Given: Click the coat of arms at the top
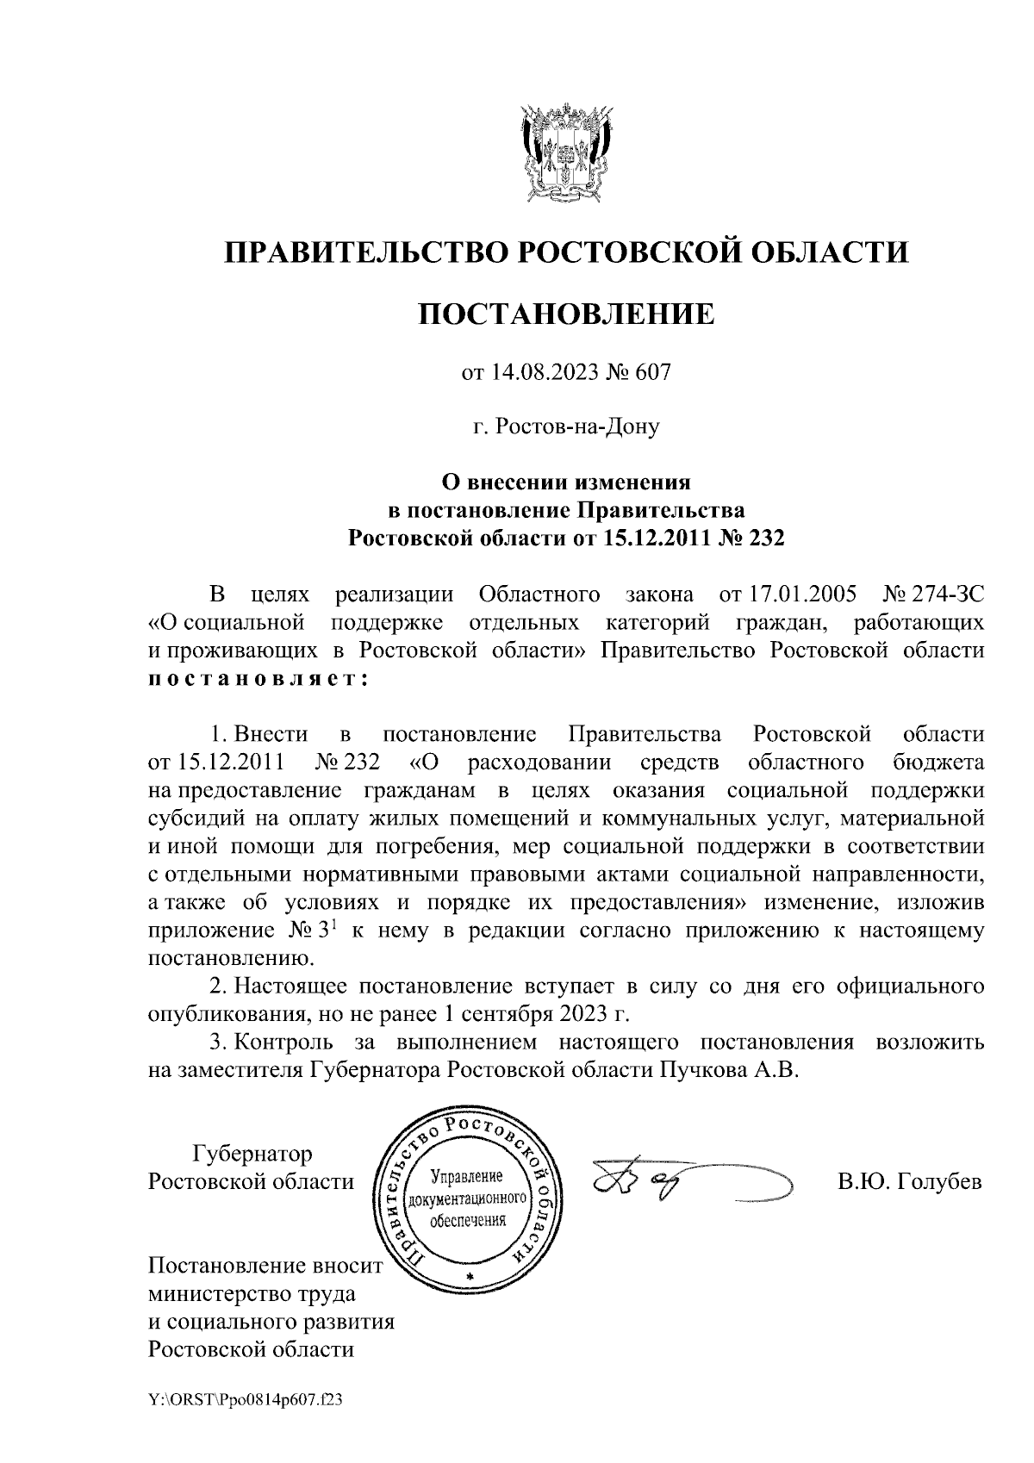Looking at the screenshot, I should [x=567, y=154].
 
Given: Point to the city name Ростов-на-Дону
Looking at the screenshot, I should [x=566, y=426].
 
